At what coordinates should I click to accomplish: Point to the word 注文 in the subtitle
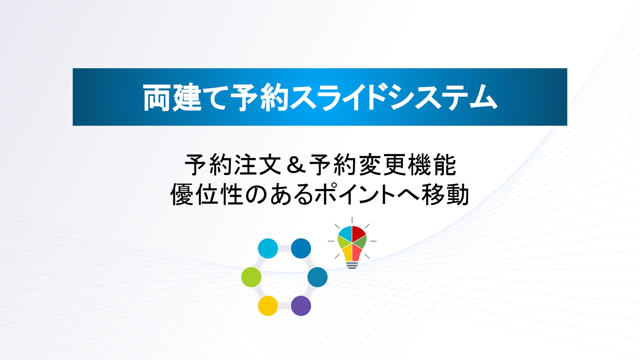258,165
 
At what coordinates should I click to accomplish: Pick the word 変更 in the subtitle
383,165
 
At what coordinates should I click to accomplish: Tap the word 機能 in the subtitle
432,165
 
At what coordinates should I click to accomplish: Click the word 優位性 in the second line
207,195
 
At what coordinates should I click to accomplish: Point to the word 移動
445,195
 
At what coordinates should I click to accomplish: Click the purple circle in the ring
301,306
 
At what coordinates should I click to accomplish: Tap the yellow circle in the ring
268,306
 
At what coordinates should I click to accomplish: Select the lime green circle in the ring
251,277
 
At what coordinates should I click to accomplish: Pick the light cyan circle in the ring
268,248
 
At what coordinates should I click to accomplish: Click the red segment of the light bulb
358,233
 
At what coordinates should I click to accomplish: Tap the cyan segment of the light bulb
346,233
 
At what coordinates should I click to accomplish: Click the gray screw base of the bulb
352,265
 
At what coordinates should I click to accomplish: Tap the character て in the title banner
216,98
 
